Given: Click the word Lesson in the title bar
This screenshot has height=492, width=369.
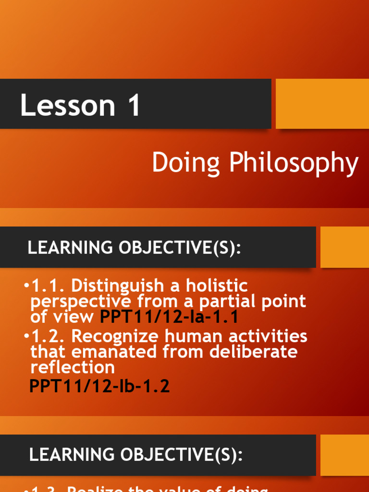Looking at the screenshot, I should pos(67,106).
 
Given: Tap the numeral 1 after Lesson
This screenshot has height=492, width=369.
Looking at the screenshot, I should pos(134,106).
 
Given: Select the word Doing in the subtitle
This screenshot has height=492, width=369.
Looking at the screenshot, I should pos(186,163).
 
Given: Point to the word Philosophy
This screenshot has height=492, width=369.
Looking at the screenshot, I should pos(294,164).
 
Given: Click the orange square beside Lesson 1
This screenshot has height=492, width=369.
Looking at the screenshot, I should pos(322,104).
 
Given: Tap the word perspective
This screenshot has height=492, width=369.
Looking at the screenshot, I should pos(80,302).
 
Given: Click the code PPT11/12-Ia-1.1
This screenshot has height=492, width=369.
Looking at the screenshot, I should pos(169,317).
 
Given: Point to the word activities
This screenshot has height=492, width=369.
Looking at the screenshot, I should pos(267,336).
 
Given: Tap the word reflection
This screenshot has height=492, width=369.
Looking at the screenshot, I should pos(73,368).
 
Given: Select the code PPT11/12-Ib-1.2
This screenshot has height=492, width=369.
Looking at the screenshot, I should pos(99,386).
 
